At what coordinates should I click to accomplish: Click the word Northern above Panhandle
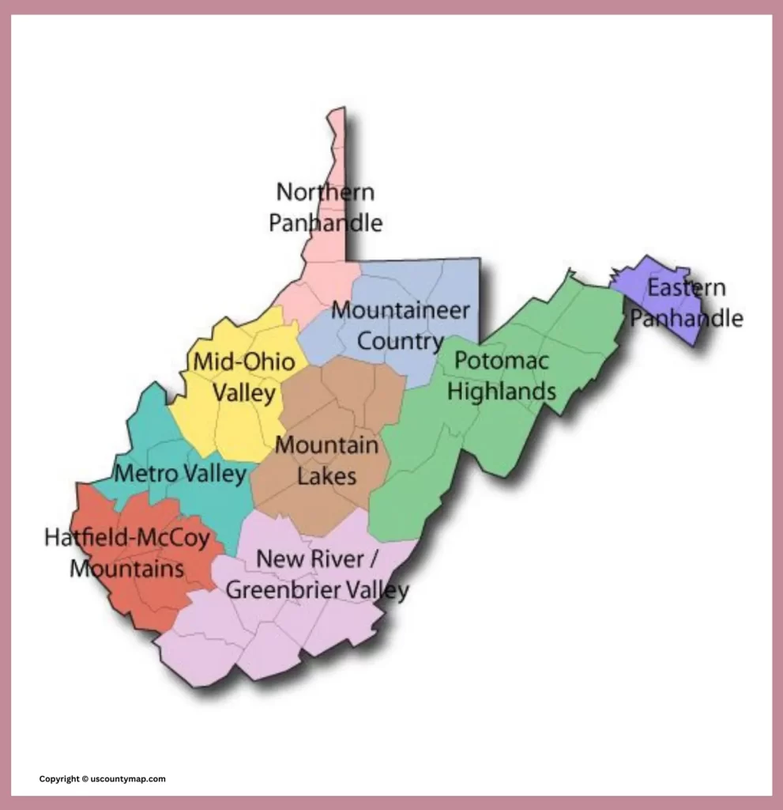coord(325,192)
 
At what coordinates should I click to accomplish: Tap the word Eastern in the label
coord(686,288)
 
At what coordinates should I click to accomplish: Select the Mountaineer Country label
coord(400,325)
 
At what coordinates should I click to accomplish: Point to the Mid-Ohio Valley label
coord(244,377)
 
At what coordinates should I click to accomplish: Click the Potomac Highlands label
coord(504,376)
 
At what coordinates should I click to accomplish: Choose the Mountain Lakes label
coord(326,460)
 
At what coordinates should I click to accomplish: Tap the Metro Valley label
coord(181,475)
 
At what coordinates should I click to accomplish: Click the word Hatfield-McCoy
coord(127,539)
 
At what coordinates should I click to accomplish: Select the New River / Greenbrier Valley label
coord(318,574)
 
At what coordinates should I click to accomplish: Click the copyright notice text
coord(103,779)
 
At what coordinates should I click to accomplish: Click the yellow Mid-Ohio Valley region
coord(237,427)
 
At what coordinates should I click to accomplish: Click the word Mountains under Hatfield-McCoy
coord(127,568)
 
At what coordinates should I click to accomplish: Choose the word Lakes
coord(326,476)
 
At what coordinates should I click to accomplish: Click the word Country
coord(400,341)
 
